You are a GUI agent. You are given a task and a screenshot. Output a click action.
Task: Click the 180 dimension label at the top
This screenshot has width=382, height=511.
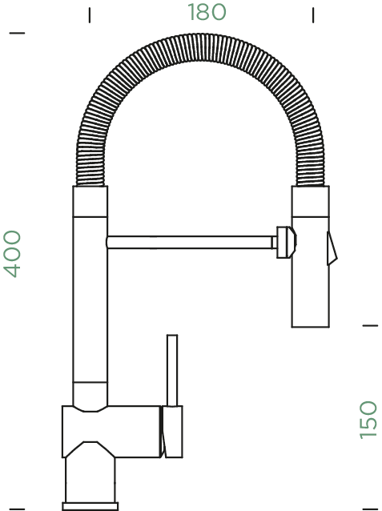pyautogui.click(x=207, y=13)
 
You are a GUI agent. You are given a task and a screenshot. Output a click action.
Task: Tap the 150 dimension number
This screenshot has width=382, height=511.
pyautogui.click(x=368, y=419)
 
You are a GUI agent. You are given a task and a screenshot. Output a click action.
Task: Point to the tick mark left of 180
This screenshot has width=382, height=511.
pyautogui.click(x=90, y=14)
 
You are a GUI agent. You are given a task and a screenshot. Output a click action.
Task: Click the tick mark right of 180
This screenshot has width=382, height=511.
pyautogui.click(x=313, y=14)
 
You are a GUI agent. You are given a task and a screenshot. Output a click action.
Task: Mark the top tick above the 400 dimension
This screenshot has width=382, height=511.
pyautogui.click(x=16, y=34)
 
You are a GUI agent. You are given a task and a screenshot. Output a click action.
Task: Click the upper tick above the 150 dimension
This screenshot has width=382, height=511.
pyautogui.click(x=369, y=325)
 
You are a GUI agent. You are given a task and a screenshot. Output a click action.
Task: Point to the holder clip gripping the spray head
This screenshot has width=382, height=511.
pyautogui.click(x=284, y=242)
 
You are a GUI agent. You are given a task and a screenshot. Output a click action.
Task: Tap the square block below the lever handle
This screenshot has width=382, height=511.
pyautogui.click(x=171, y=433)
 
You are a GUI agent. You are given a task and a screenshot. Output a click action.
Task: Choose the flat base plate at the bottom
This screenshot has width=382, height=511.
pyautogui.click(x=90, y=506)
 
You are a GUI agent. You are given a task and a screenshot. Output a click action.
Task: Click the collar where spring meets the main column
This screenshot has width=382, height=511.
pyautogui.click(x=90, y=202)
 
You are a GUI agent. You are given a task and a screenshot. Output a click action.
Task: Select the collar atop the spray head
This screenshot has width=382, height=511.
pyautogui.click(x=309, y=201)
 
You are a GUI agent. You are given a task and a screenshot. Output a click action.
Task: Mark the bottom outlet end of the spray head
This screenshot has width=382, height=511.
pyautogui.click(x=309, y=320)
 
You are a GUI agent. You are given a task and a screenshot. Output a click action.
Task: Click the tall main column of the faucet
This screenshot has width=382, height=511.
pyautogui.click(x=90, y=304)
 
